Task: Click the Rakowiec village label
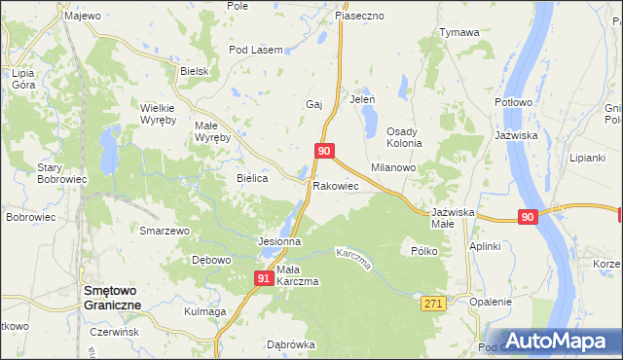[x=336, y=185]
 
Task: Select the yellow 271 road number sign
[x=434, y=305]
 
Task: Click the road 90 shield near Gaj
[x=326, y=151]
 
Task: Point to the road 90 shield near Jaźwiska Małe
[x=527, y=217]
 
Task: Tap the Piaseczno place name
[x=360, y=17]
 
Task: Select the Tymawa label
[x=459, y=32]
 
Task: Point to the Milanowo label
[x=393, y=167]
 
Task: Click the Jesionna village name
[x=278, y=240]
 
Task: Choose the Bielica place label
[x=252, y=179]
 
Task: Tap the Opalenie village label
[x=490, y=302]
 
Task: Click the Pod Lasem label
[x=255, y=50]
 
